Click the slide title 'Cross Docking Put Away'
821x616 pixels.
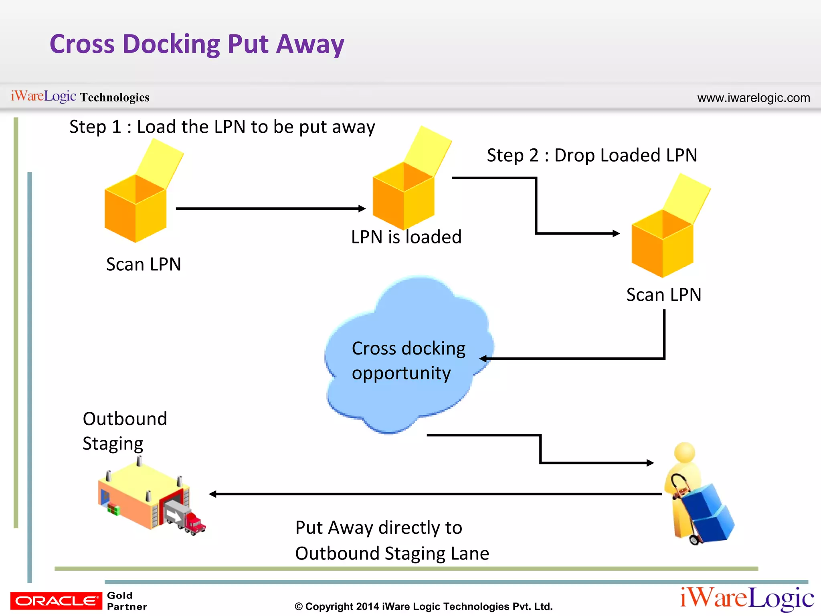(x=196, y=44)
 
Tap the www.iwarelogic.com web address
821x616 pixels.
(x=753, y=98)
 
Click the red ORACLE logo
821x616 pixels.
(x=56, y=600)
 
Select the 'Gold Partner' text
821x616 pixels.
(x=127, y=601)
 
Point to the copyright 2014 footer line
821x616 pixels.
(x=423, y=606)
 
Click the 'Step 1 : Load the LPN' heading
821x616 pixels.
(x=222, y=127)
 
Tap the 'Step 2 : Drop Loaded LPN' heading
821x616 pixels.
(x=592, y=155)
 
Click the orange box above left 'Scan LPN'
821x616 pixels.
(x=135, y=209)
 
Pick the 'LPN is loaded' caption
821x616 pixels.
(x=406, y=237)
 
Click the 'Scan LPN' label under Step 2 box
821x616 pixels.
(x=663, y=295)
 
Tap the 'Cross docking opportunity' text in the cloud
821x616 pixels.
(x=408, y=361)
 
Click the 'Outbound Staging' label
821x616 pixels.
(x=124, y=431)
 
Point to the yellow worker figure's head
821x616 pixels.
(x=684, y=453)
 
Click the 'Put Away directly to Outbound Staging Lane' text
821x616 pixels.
(x=392, y=540)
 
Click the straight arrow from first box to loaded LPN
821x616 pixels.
(x=271, y=209)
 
